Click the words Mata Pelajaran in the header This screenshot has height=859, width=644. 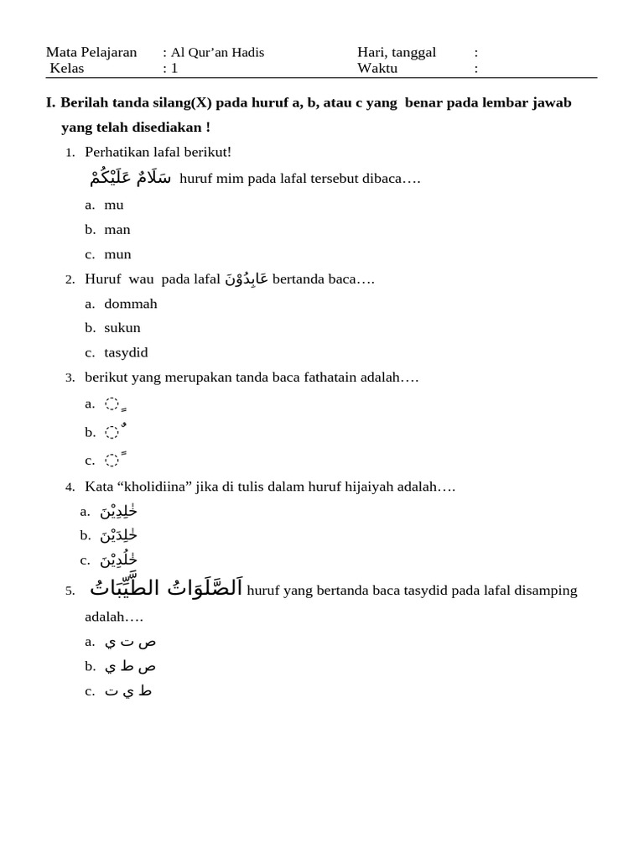click(91, 53)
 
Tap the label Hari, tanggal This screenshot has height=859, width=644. click(397, 53)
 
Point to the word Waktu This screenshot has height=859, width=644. click(377, 68)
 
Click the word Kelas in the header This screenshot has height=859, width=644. click(67, 68)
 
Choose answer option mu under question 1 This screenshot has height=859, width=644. click(114, 205)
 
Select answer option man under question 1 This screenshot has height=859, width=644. click(117, 229)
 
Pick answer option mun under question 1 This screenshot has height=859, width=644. click(118, 254)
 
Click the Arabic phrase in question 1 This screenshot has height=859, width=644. click(131, 178)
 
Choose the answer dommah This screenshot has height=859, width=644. click(131, 304)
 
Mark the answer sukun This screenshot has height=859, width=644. click(122, 328)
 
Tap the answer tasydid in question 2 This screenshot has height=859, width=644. click(126, 352)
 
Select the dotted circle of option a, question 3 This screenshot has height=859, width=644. click(112, 403)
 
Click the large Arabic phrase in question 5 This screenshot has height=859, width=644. click(166, 589)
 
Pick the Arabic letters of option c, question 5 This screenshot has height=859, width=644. click(128, 691)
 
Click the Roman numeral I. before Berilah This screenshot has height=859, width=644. click(50, 102)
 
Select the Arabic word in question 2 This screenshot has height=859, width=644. click(247, 279)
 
